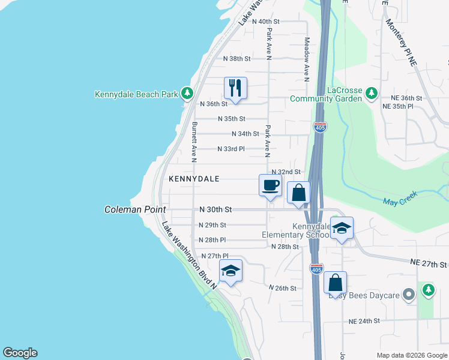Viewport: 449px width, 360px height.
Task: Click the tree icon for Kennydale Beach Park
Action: point(187,93)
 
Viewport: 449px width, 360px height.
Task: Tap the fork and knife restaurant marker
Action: point(235,88)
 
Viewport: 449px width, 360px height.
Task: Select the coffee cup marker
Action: point(270,185)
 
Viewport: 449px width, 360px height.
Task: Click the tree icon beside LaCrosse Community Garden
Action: point(372,93)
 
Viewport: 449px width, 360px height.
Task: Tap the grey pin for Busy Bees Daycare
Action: point(409,294)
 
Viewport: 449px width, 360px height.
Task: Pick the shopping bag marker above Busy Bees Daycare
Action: point(336,283)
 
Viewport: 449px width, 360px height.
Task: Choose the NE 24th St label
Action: point(364,321)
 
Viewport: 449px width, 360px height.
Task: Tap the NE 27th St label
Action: point(429,264)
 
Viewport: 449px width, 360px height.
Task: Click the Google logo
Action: point(20,353)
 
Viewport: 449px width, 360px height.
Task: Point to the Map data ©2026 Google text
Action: point(412,355)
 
